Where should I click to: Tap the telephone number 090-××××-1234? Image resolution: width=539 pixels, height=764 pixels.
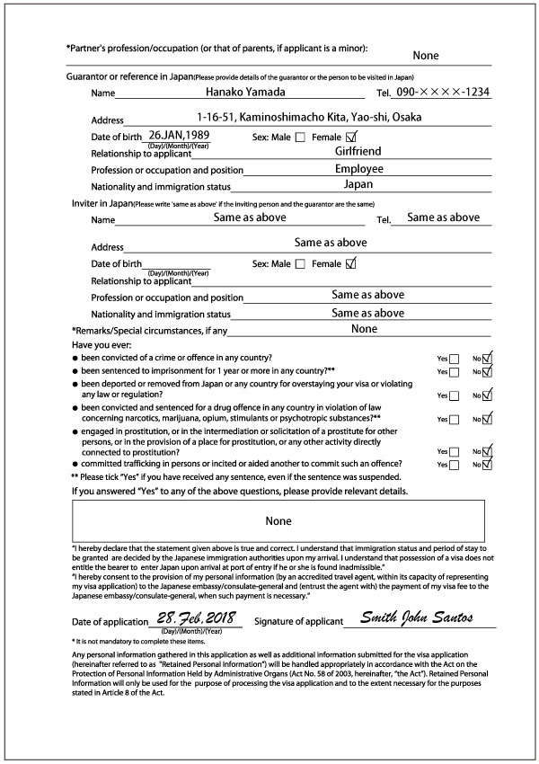point(443,91)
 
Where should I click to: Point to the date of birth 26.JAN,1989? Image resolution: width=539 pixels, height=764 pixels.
point(180,135)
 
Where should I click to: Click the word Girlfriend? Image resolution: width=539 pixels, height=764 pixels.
point(358,151)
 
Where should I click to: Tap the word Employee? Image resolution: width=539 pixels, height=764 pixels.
point(358,168)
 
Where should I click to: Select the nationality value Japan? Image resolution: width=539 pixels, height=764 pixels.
point(358,184)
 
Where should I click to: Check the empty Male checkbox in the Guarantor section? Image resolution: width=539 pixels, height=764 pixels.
point(300,138)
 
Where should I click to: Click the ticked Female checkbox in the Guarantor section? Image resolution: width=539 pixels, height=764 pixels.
point(351,137)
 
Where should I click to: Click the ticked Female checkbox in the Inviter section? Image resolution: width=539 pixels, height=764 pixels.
point(351,263)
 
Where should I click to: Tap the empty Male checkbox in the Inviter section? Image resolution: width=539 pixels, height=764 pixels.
point(300,264)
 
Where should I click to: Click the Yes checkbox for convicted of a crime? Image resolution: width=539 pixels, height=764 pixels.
point(454,359)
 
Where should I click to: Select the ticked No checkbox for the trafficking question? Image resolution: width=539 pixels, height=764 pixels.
point(488,464)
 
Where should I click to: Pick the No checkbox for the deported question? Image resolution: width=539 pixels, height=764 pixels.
point(488,395)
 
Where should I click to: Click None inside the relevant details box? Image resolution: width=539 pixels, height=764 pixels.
point(278,520)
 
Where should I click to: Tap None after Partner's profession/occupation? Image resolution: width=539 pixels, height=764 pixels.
point(425,56)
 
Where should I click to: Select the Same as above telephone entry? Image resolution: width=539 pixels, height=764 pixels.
point(443,218)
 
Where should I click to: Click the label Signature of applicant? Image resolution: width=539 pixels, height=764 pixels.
point(298,621)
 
